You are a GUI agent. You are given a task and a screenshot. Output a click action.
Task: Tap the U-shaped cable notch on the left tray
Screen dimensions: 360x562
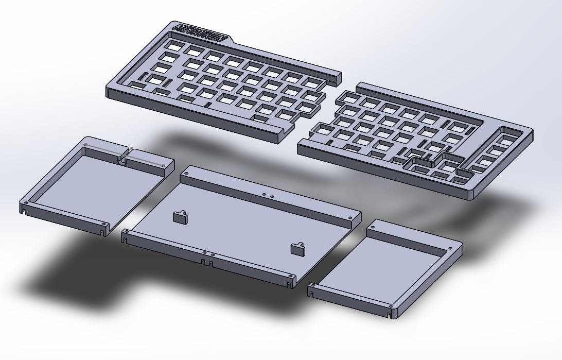click(124, 158)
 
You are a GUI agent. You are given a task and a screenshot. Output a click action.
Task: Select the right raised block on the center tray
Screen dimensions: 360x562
click(298, 249)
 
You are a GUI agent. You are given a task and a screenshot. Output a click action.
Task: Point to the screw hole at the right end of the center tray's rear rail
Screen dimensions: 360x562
click(351, 218)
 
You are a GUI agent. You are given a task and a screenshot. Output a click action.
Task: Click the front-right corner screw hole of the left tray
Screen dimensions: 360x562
click(104, 224)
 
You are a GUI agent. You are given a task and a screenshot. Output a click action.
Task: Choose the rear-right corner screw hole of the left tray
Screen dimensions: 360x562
click(163, 165)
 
